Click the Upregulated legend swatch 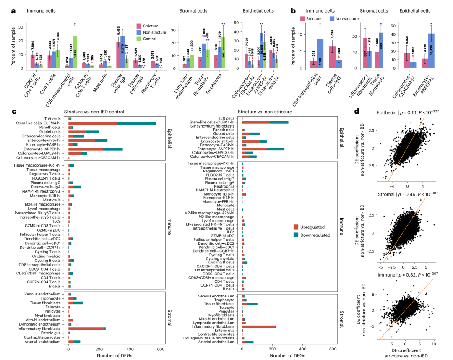(x=297, y=227)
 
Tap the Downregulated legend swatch (x=297, y=235)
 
